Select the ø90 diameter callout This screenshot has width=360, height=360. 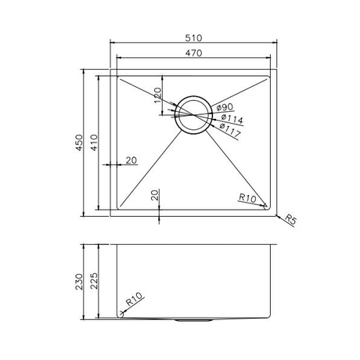tap(224, 106)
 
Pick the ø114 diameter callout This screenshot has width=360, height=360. tap(232, 119)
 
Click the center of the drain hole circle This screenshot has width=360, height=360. tap(193, 116)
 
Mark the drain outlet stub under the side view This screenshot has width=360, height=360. tap(193, 320)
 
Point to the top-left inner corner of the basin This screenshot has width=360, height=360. tap(117, 77)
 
